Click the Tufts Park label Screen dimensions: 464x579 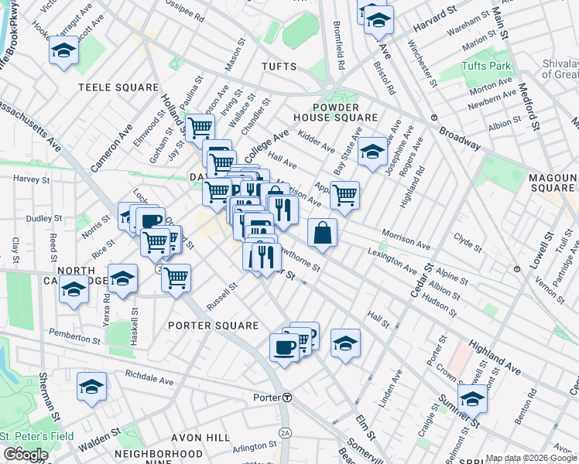click(x=486, y=67)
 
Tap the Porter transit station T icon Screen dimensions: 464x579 click(x=286, y=397)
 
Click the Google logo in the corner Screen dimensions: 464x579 click(x=25, y=455)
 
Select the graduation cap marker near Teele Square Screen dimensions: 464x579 click(x=63, y=52)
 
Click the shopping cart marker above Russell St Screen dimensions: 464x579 click(x=176, y=276)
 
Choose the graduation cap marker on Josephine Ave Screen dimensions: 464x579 click(x=373, y=152)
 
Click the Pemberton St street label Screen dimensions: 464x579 click(x=70, y=333)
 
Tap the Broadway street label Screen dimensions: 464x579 click(x=461, y=139)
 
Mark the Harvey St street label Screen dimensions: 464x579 click(x=31, y=179)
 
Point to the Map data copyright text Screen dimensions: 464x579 click(x=531, y=458)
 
